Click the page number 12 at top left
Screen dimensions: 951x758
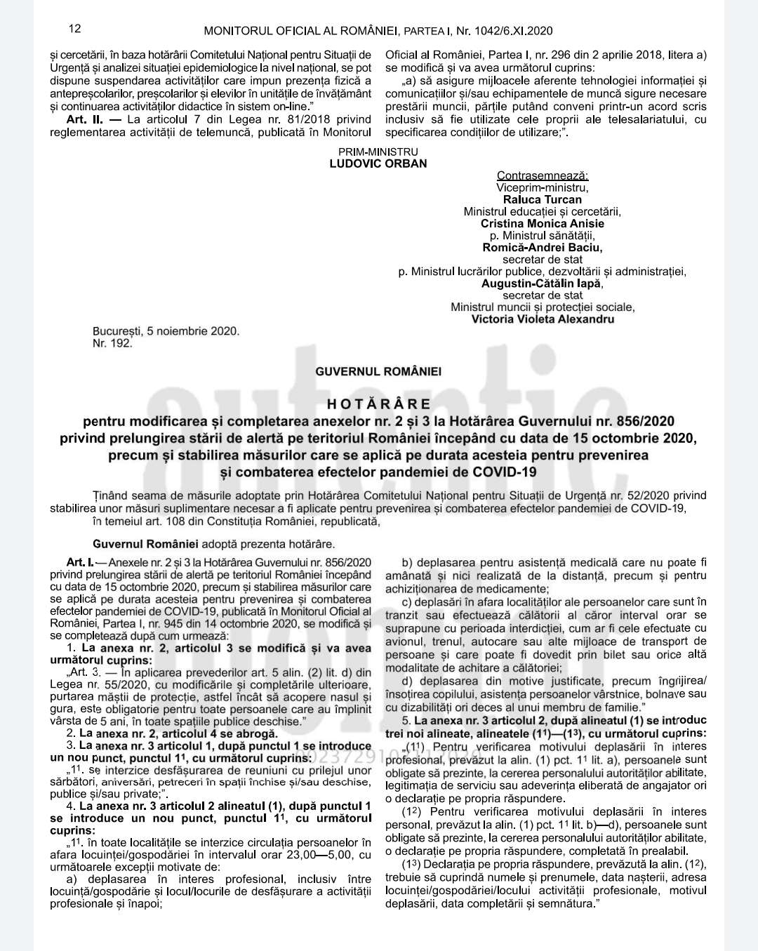click(x=75, y=29)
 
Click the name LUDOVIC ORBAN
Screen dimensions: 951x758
click(x=378, y=164)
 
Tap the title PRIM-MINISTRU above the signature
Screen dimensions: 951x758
click(x=378, y=152)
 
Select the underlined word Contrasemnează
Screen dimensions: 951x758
click(x=543, y=175)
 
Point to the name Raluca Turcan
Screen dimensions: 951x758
click(x=543, y=199)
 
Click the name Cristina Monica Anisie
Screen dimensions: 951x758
click(x=543, y=223)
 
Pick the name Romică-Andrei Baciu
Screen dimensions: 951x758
click(x=543, y=247)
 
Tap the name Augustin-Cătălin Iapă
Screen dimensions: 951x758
click(x=543, y=284)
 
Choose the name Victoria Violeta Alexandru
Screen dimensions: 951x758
click(x=543, y=319)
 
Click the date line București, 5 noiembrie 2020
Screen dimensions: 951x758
click(x=166, y=331)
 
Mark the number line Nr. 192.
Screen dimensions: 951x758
click(x=112, y=343)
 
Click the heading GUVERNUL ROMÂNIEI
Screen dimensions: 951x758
click(x=378, y=371)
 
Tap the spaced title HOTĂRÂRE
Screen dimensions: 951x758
click(x=379, y=404)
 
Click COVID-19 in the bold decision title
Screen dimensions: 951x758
click(x=505, y=472)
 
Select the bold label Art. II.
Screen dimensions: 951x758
click(x=85, y=119)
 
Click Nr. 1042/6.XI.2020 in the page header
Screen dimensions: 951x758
click(x=505, y=31)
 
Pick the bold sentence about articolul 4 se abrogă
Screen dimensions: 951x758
click(x=178, y=733)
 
